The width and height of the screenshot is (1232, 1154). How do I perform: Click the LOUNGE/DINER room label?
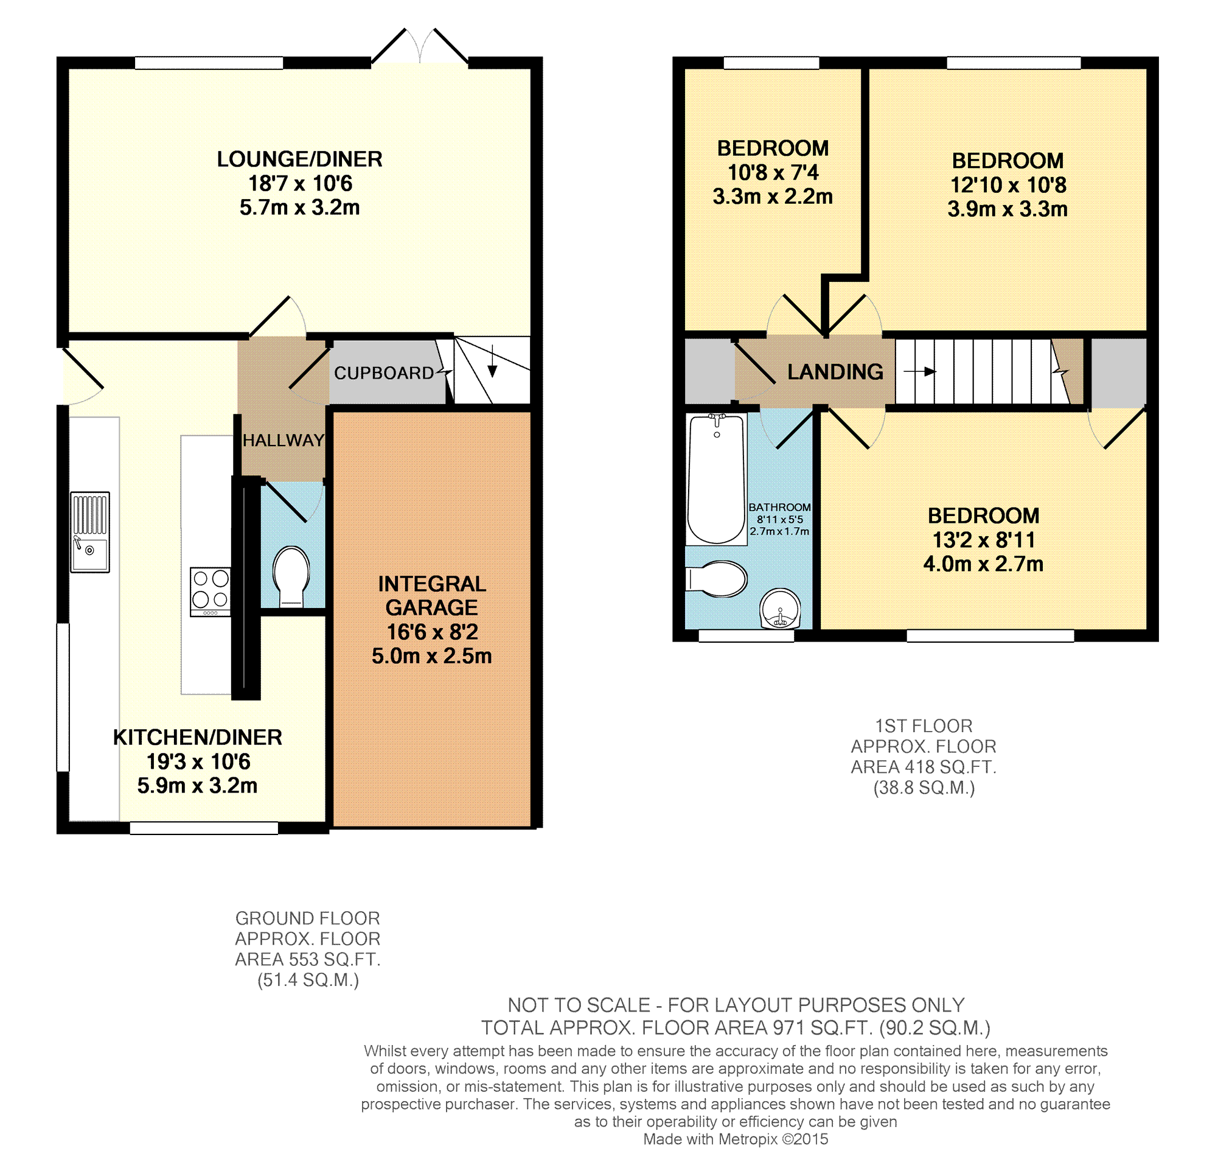tap(299, 159)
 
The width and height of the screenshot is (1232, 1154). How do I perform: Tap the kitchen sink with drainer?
tap(90, 532)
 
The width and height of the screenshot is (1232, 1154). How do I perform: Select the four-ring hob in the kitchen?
tap(210, 592)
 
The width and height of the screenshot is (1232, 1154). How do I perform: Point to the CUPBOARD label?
tap(384, 373)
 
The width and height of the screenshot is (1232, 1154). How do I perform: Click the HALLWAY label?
tap(284, 440)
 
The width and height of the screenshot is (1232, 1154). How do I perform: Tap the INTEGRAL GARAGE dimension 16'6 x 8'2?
tap(432, 632)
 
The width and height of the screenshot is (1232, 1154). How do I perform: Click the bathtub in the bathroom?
tap(717, 479)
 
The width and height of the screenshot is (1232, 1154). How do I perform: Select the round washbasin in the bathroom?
tap(780, 608)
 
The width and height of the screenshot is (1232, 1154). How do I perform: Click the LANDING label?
tap(835, 372)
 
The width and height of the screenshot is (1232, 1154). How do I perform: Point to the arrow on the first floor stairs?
tap(920, 372)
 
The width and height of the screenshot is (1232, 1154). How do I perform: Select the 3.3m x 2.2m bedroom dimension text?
tap(773, 197)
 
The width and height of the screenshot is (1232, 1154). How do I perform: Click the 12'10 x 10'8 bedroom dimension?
tap(1008, 185)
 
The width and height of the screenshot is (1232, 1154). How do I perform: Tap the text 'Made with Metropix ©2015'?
tap(736, 1139)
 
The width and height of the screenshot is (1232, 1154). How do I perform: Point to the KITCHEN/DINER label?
tap(198, 737)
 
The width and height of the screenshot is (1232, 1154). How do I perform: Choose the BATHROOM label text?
tap(779, 507)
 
